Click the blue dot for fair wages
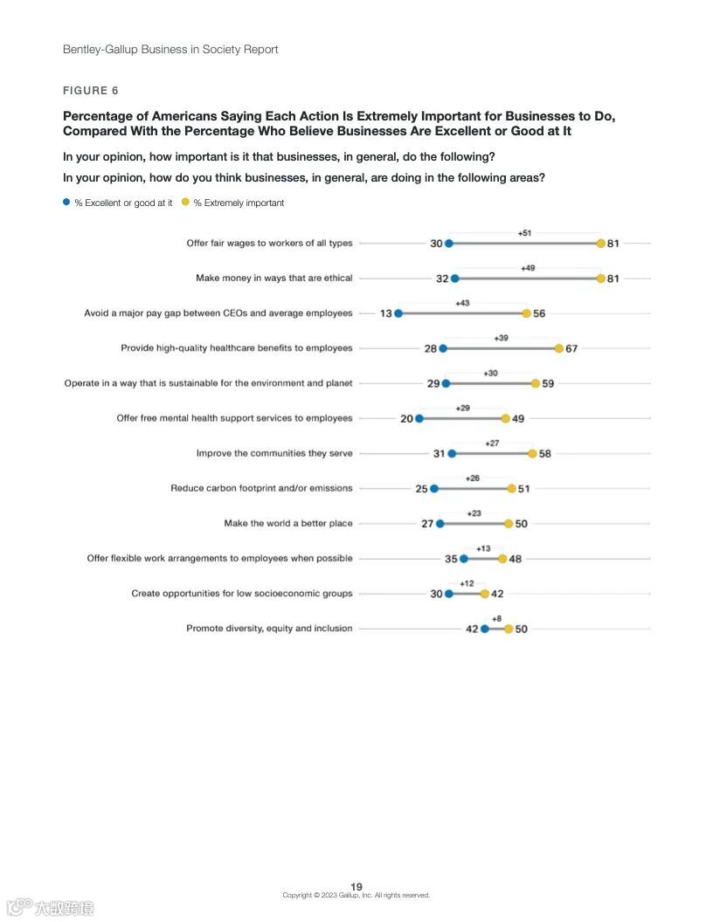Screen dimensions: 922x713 [x=448, y=244]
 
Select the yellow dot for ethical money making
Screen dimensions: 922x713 [x=600, y=279]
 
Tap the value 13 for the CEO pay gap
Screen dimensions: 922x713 [x=385, y=313]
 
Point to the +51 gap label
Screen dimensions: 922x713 [x=524, y=233]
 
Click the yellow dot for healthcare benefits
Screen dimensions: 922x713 [x=559, y=348]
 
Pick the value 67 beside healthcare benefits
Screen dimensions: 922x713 [x=571, y=348]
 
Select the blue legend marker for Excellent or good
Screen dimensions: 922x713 [x=66, y=203]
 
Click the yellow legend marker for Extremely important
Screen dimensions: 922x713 [x=185, y=203]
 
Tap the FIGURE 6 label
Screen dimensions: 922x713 [x=90, y=91]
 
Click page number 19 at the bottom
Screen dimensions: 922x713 [x=356, y=886]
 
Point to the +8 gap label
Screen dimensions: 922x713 [x=496, y=618]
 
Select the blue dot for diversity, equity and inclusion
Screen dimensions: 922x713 [x=485, y=629]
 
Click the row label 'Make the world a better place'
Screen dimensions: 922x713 [x=288, y=524]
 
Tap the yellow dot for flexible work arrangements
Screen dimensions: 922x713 [x=502, y=559]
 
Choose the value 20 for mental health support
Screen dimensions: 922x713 [x=406, y=419]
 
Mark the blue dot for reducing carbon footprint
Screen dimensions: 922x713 [x=434, y=489]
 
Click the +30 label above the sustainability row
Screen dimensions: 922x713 [x=491, y=373]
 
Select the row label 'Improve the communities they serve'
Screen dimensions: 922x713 [x=274, y=454]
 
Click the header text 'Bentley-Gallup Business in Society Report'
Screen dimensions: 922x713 [x=170, y=50]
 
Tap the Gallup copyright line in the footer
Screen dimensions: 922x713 [x=356, y=895]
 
